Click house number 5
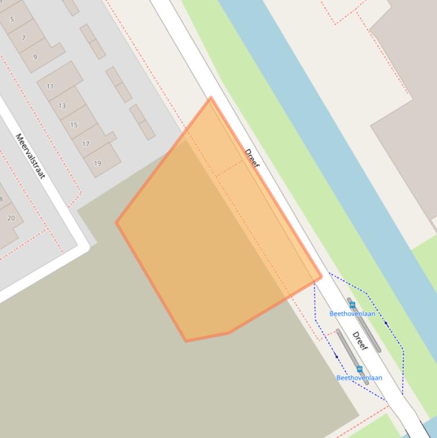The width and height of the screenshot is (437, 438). [12, 19]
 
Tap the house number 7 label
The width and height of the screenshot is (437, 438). [23, 38]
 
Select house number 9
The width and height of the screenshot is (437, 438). [35, 57]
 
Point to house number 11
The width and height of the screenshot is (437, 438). [50, 86]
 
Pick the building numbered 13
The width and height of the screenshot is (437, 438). [62, 106]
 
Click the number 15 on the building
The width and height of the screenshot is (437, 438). [74, 125]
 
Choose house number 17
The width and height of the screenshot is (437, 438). [86, 144]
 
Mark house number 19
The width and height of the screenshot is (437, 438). [98, 163]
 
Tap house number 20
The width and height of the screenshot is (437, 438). [11, 218]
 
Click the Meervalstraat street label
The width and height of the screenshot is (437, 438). [30, 156]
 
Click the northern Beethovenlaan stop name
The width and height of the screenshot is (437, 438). [352, 313]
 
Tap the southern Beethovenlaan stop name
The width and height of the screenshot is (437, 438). [359, 378]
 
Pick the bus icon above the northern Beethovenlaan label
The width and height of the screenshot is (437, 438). [352, 305]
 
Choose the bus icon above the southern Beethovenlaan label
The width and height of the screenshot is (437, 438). [359, 369]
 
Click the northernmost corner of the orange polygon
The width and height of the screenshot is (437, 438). [211, 98]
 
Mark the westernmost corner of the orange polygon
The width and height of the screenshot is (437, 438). [116, 222]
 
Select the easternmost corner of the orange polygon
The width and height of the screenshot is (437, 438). [321, 277]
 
